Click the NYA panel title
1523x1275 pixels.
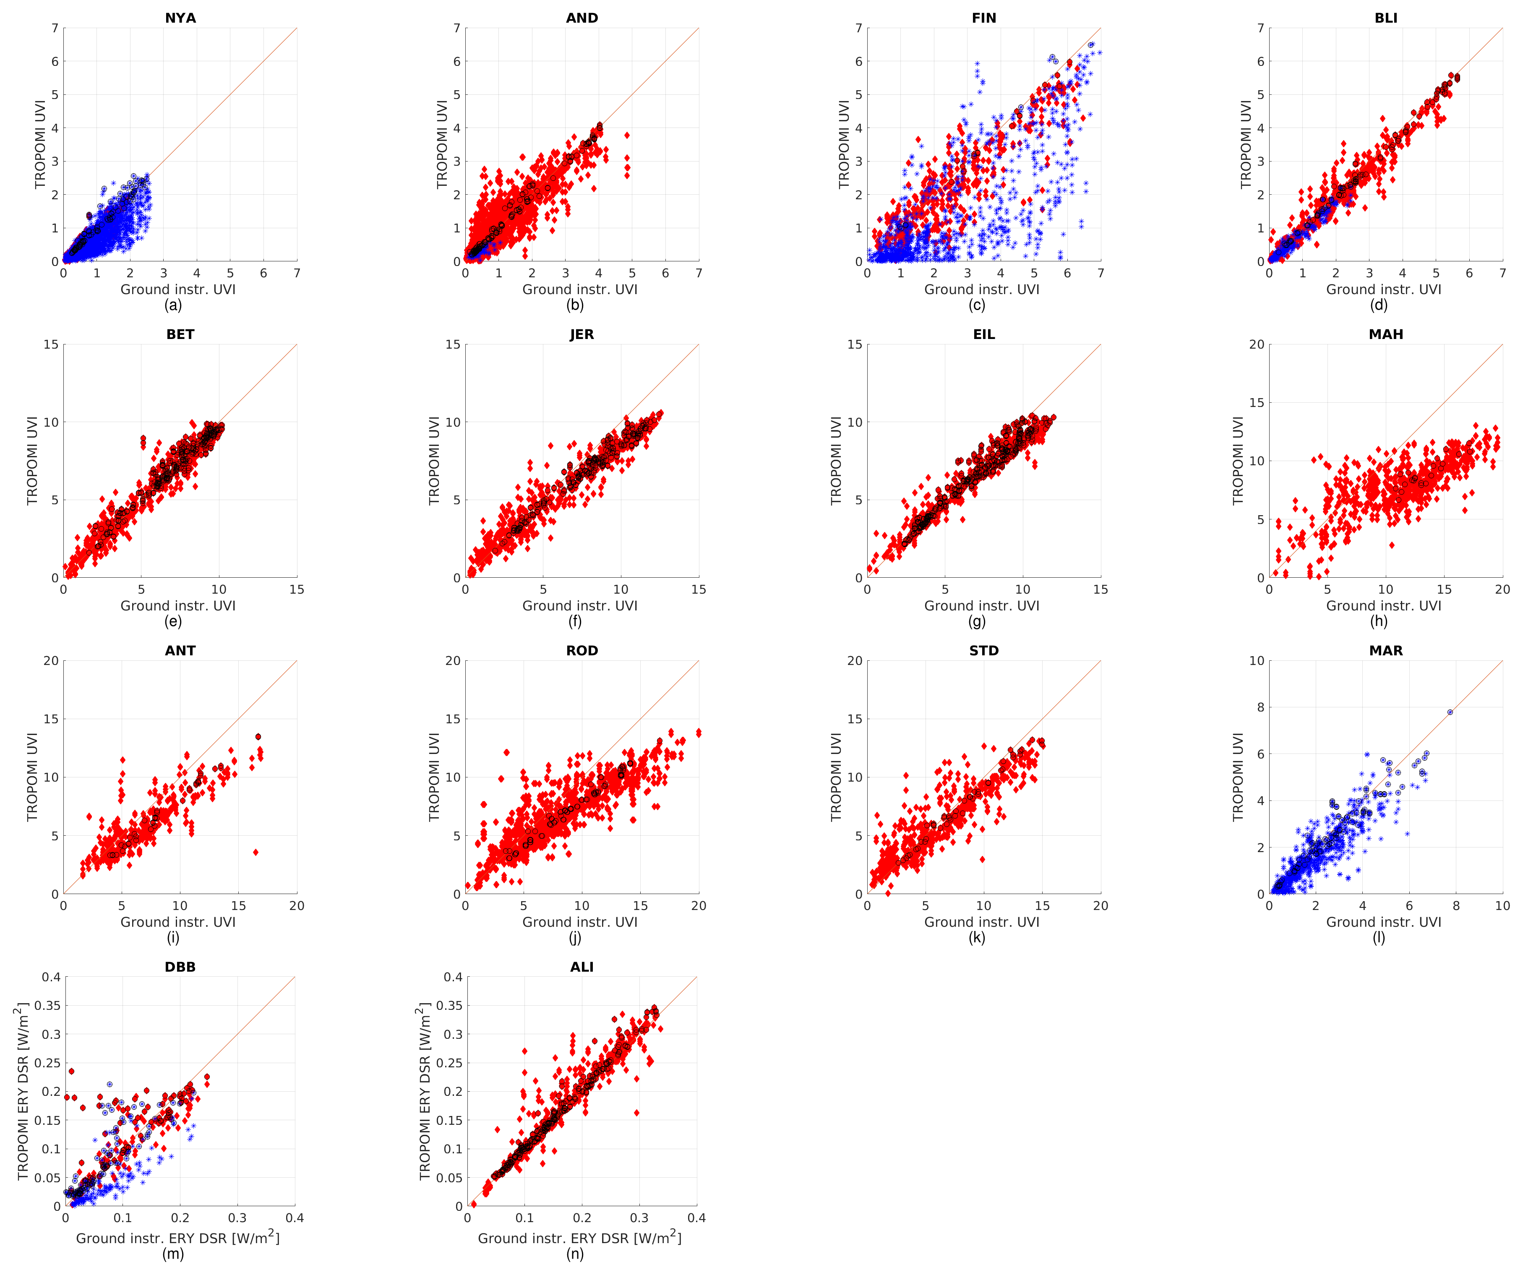[x=180, y=18]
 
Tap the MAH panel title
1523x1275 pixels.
[x=1385, y=334]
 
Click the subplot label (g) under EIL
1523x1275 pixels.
[x=977, y=621]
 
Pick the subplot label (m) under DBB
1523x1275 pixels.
[x=172, y=1254]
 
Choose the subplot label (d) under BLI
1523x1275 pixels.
[x=1379, y=305]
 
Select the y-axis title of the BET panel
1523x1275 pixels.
[x=32, y=461]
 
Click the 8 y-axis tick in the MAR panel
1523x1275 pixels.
[x=1260, y=707]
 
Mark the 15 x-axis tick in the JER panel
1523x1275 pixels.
[x=699, y=589]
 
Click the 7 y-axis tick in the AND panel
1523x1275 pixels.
[x=457, y=28]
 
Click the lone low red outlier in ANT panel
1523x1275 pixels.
[x=255, y=852]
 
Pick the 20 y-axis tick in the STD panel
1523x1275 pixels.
[x=855, y=661]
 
